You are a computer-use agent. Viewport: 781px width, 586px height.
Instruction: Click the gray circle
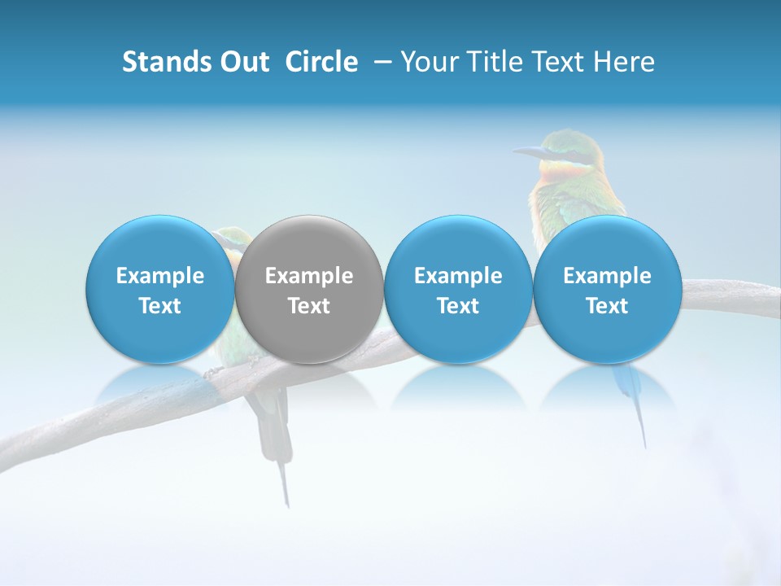[x=309, y=289]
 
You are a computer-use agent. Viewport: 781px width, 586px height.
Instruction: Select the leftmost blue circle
[x=159, y=289]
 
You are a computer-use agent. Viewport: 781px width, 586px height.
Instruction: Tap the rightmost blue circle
[x=607, y=289]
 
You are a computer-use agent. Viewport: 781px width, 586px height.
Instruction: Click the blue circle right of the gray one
[x=458, y=289]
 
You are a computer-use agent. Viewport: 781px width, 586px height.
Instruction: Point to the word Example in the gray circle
[x=309, y=276]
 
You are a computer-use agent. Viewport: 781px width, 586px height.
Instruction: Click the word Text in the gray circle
[x=309, y=306]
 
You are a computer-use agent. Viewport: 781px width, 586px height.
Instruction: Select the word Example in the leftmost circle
[x=159, y=276]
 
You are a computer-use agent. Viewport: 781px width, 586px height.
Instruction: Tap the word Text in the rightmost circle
[x=607, y=306]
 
